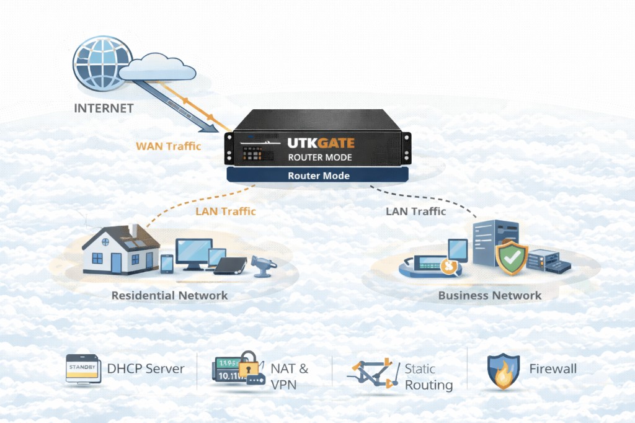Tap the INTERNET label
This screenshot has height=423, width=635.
click(104, 108)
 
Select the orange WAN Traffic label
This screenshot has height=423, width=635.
click(168, 147)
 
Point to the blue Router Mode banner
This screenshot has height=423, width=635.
click(319, 176)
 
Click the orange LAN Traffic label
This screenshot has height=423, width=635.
click(225, 211)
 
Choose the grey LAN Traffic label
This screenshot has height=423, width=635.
click(415, 211)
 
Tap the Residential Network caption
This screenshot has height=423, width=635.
click(169, 295)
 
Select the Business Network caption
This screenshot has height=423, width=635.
click(489, 295)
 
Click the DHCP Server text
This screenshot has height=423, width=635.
click(146, 369)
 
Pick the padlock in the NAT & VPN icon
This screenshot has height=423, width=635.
click(249, 365)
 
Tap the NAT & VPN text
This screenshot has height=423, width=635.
click(289, 376)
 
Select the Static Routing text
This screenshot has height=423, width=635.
click(429, 376)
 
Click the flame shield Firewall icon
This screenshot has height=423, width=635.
click(503, 371)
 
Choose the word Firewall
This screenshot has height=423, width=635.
click(553, 369)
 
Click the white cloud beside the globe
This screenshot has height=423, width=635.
click(154, 66)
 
